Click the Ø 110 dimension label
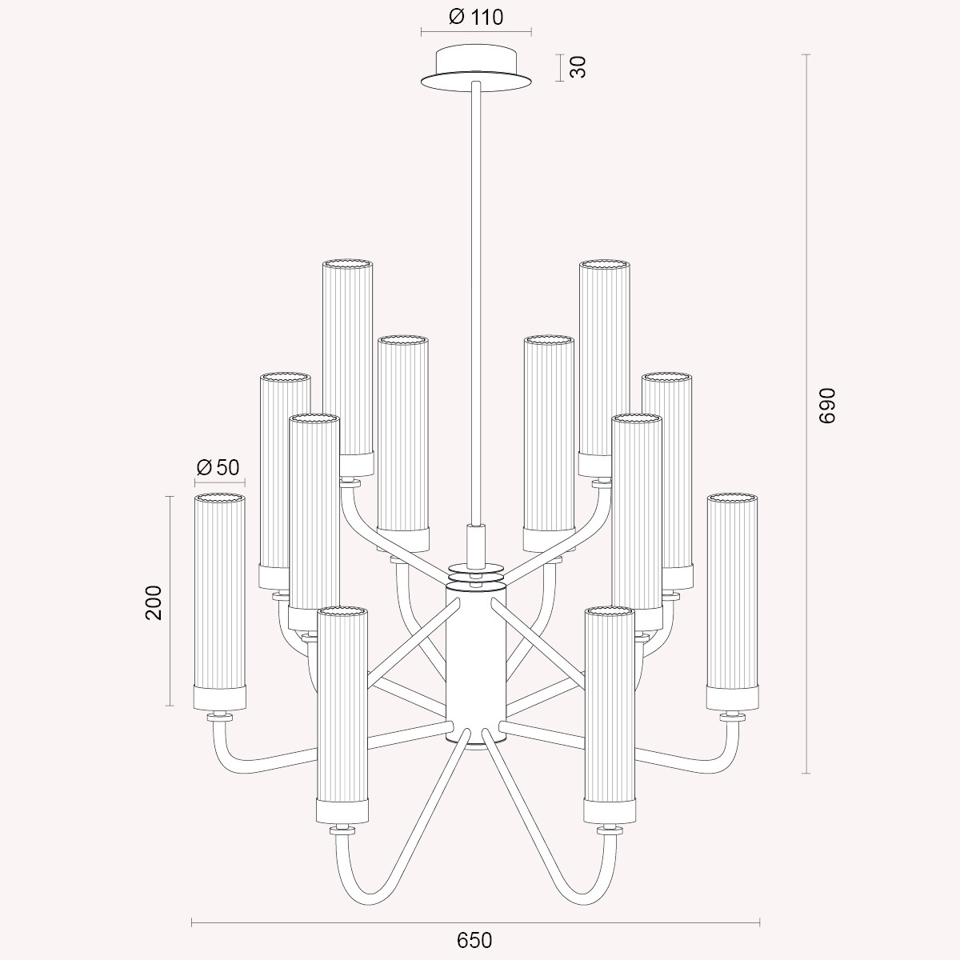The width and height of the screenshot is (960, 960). tap(476, 18)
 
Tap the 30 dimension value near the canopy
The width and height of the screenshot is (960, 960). tap(578, 66)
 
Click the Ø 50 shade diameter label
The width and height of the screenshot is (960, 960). tap(218, 467)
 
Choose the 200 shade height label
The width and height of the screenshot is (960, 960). tap(154, 602)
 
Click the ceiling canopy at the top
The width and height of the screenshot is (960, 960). tap(476, 70)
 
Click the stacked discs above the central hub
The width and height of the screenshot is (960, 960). tap(475, 574)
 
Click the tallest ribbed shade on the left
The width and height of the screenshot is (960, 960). tap(348, 367)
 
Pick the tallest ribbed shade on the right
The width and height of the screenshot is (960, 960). tap(604, 367)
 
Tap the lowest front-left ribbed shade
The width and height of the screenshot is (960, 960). tap(342, 715)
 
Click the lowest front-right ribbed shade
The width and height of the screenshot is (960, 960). tap(610, 715)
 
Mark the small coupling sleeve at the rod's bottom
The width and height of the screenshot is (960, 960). tap(475, 545)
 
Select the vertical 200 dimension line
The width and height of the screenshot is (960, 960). tap(170, 602)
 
